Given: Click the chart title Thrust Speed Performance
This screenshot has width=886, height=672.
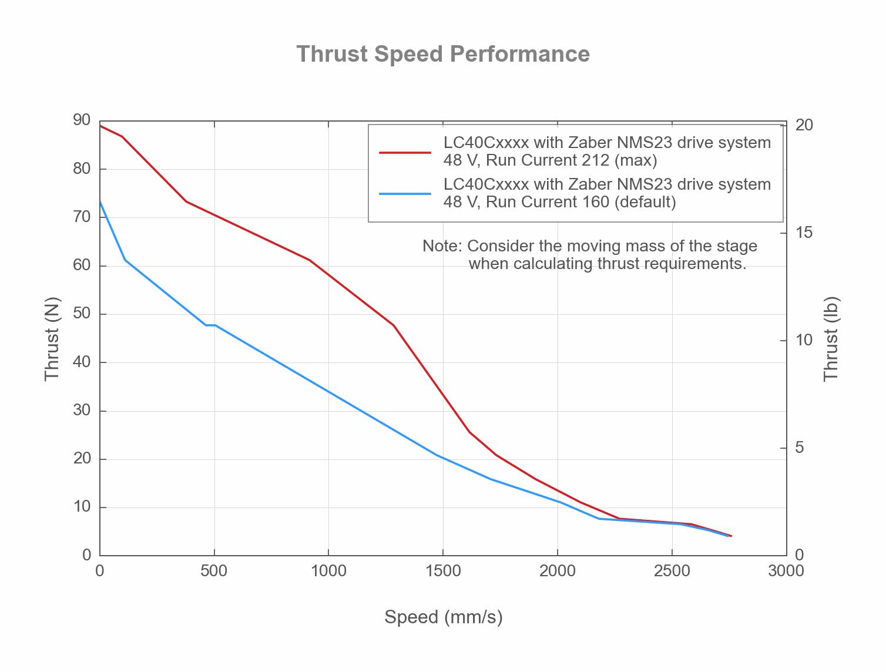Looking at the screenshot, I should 443,54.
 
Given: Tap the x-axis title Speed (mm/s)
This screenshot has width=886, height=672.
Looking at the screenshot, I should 443,617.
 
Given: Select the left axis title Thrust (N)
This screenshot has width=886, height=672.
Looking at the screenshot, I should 52,339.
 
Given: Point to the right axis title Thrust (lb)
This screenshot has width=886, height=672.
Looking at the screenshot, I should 830,339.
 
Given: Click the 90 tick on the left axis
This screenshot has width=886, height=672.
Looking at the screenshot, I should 82,120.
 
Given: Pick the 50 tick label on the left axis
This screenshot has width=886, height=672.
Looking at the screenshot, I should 82,314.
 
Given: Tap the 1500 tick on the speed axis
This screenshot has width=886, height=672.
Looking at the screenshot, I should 442,571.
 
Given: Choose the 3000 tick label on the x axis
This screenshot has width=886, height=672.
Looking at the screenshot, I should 786,571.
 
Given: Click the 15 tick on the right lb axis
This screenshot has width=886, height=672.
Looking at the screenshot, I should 804,233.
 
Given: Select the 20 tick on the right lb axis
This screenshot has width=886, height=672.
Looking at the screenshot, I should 804,125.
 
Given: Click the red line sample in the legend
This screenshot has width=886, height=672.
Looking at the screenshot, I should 405,152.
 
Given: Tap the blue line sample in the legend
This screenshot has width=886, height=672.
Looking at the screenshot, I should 405,193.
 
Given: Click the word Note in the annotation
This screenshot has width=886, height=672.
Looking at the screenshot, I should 442,246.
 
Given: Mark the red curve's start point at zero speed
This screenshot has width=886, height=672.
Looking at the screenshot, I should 100,126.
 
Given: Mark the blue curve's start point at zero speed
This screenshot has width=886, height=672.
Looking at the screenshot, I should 100,201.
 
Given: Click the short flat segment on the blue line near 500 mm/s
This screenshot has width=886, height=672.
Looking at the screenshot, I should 210,325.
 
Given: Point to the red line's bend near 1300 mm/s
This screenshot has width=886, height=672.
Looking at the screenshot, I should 393,325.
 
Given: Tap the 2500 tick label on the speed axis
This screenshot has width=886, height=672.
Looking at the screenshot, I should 672,571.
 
